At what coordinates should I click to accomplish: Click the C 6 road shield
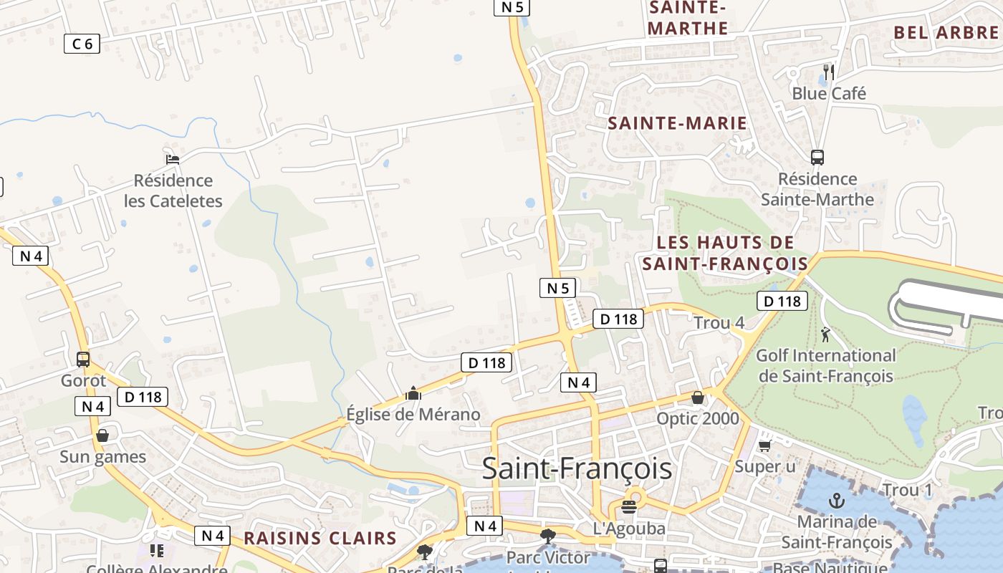82,44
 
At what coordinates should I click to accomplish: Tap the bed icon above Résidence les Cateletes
172,159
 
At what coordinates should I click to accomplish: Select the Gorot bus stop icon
83,359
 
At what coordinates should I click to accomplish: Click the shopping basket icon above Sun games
102,435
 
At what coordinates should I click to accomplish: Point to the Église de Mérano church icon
413,393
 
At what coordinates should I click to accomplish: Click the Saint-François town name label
577,468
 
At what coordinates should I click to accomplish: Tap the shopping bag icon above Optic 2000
698,398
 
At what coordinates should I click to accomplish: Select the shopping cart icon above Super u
764,446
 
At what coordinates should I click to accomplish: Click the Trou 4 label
719,323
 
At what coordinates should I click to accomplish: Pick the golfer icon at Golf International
825,334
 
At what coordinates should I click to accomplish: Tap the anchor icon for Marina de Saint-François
836,501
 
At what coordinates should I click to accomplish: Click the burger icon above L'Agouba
629,508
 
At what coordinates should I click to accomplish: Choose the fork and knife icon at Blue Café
829,72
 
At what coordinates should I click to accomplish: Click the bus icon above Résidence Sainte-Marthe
817,158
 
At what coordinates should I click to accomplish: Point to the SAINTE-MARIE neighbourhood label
677,123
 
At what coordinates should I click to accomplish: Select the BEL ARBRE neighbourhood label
946,32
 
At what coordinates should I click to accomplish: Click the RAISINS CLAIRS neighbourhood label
320,538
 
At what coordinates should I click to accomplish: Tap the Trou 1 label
908,491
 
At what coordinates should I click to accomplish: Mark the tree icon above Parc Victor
548,536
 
